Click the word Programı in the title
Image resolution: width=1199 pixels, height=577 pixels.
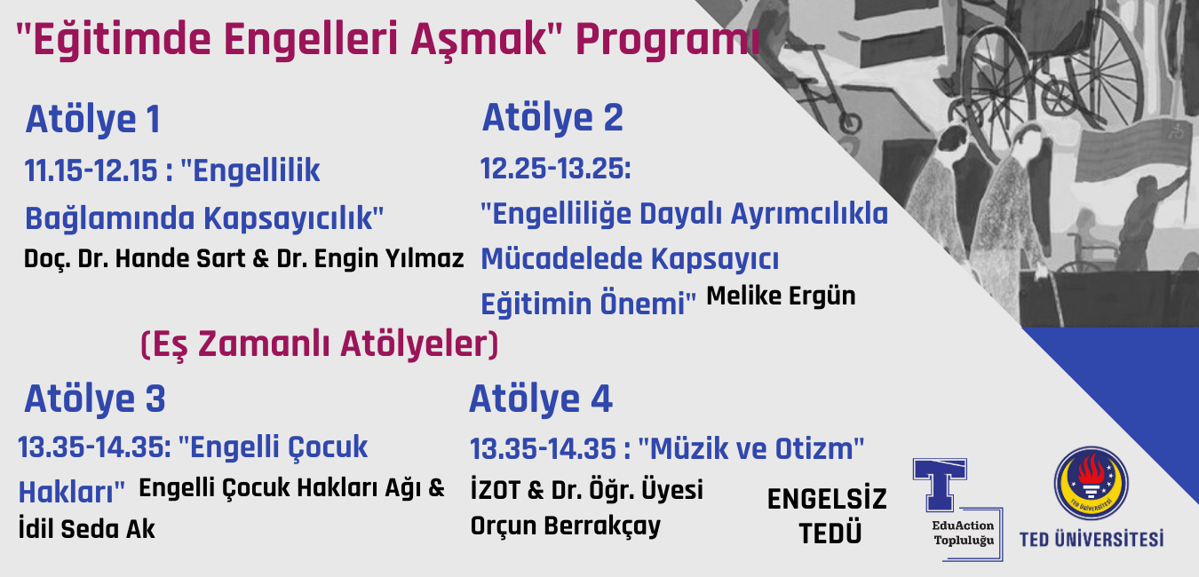(x=668, y=41)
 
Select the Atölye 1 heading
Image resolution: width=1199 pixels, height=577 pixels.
(x=93, y=120)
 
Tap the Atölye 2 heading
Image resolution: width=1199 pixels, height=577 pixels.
(x=553, y=118)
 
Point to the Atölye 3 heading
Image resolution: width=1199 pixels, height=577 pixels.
(x=95, y=399)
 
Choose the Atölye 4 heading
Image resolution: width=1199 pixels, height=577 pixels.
(x=541, y=399)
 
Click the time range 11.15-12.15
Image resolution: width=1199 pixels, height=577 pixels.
(x=91, y=171)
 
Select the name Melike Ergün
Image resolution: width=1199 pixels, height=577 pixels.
(x=781, y=296)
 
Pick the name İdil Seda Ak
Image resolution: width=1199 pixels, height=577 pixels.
(x=87, y=529)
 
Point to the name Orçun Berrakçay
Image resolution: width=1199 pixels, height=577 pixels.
(x=565, y=526)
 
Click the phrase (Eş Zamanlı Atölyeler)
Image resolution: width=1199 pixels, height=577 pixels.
(x=319, y=344)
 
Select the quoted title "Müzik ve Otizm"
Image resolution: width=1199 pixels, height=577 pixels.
(x=751, y=448)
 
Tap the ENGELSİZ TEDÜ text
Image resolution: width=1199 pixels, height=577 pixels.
(x=828, y=516)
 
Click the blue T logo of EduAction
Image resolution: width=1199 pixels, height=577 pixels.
(x=940, y=484)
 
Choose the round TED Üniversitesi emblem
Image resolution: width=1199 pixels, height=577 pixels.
(x=1092, y=484)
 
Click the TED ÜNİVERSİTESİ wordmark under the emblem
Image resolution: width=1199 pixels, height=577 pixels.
(x=1092, y=539)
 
